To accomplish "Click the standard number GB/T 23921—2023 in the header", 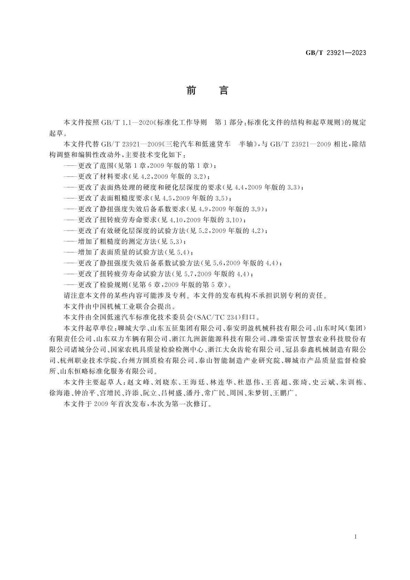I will coord(336,53).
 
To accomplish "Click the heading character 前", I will coord(191,91).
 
